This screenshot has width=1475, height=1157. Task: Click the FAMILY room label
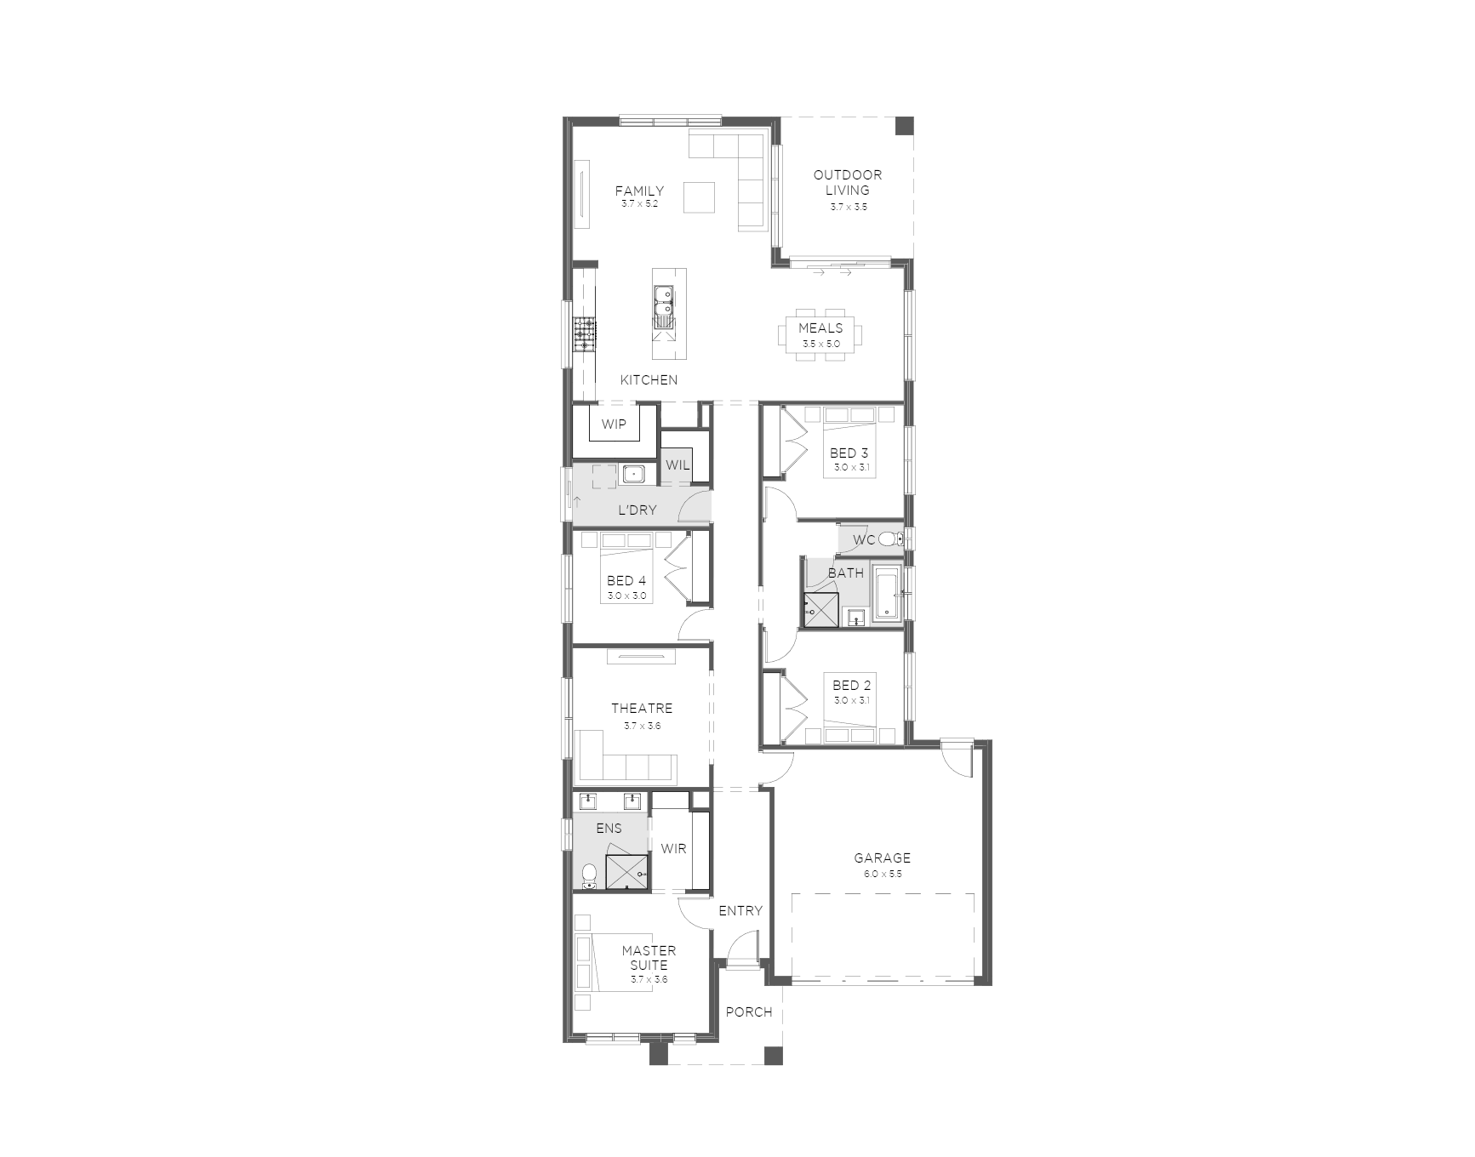pyautogui.click(x=639, y=191)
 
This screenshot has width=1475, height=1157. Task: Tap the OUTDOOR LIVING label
pyautogui.click(x=848, y=183)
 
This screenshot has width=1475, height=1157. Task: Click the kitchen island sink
pyautogui.click(x=664, y=306)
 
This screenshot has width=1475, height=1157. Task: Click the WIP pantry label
pyautogui.click(x=614, y=425)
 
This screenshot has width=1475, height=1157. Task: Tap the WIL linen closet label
pyautogui.click(x=677, y=465)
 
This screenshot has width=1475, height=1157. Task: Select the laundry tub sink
pyautogui.click(x=632, y=474)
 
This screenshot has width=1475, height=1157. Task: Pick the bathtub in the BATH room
pyautogui.click(x=886, y=594)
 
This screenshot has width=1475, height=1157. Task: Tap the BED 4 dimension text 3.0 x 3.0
pyautogui.click(x=626, y=596)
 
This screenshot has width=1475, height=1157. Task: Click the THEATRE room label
pyautogui.click(x=642, y=708)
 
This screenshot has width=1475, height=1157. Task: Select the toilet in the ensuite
pyautogui.click(x=589, y=875)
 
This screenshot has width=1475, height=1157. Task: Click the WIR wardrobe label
pyautogui.click(x=673, y=848)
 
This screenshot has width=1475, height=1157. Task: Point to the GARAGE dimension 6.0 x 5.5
pyautogui.click(x=883, y=874)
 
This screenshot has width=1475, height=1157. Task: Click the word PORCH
pyautogui.click(x=749, y=1012)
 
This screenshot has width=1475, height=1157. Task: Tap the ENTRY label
pyautogui.click(x=740, y=910)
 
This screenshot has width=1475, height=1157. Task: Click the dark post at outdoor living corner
pyautogui.click(x=905, y=125)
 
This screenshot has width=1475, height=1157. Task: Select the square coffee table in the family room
pyautogui.click(x=700, y=197)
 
